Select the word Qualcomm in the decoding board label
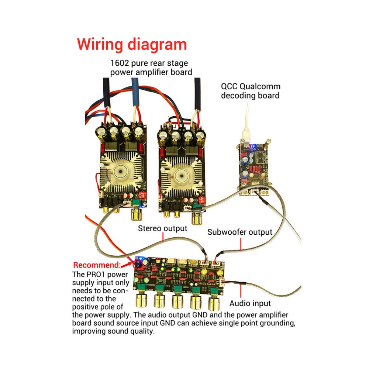(x=260, y=86)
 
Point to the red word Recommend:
(x=97, y=265)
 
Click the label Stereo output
(x=162, y=228)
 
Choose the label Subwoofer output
(x=239, y=232)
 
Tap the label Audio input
(x=250, y=303)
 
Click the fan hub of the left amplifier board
(x=121, y=171)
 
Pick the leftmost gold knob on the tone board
(x=141, y=300)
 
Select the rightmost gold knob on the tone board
(x=213, y=303)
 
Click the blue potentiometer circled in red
(x=138, y=263)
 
